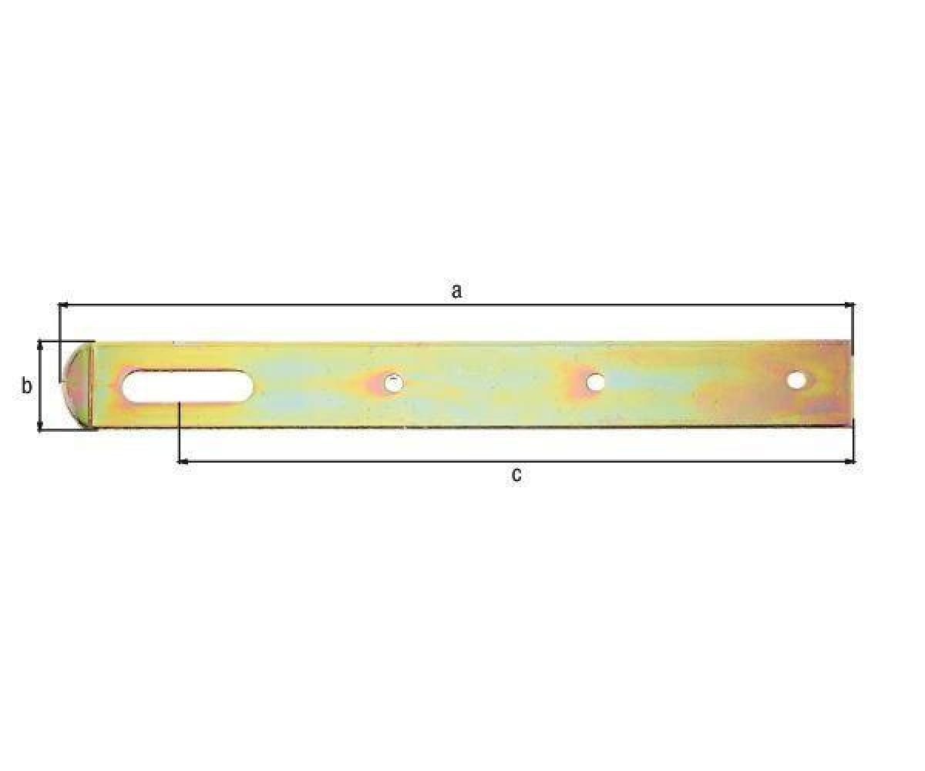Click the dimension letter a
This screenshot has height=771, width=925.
point(456,291)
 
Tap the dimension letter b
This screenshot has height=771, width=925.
point(26,386)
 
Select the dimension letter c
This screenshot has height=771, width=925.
point(516,475)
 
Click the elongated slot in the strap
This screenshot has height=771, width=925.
point(187,387)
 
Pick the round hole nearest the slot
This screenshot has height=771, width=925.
point(393,383)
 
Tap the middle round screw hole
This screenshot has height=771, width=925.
point(595,382)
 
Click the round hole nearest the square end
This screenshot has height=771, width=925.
point(796,380)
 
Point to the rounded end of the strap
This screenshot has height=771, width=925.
point(79,385)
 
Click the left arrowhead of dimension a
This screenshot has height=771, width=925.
point(63,305)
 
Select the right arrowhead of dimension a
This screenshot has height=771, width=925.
point(849,305)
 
